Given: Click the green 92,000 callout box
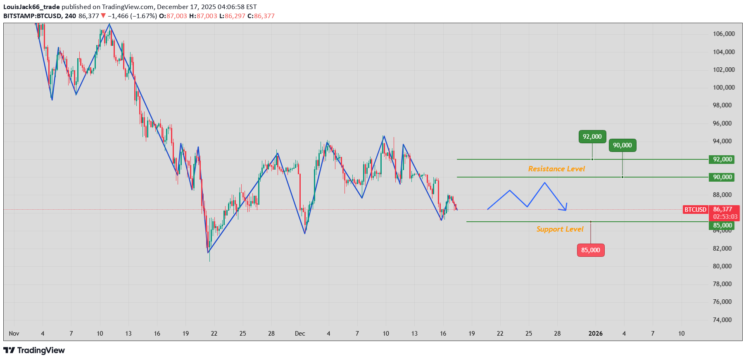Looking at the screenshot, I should (592, 137).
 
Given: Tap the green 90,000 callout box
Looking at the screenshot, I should (622, 145).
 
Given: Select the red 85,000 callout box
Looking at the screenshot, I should (590, 250).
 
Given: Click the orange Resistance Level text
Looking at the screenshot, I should (556, 169).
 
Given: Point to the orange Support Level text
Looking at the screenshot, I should (560, 229).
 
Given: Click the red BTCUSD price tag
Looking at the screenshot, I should (695, 210).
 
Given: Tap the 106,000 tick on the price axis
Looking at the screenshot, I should (724, 34).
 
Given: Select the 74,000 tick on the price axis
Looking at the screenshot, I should (722, 320).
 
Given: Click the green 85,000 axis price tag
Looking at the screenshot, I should (722, 225).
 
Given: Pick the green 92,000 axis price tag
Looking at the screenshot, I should (722, 159).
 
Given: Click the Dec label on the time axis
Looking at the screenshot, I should (300, 334).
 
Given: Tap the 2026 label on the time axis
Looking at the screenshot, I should (595, 334).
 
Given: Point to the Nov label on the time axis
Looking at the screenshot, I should (14, 334).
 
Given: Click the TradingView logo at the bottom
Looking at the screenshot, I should (34, 351).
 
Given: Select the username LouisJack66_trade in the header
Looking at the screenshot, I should (31, 7).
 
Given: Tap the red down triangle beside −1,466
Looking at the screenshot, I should (103, 16).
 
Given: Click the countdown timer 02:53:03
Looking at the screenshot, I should (725, 217).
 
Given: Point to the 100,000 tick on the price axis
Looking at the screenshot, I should (724, 88).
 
